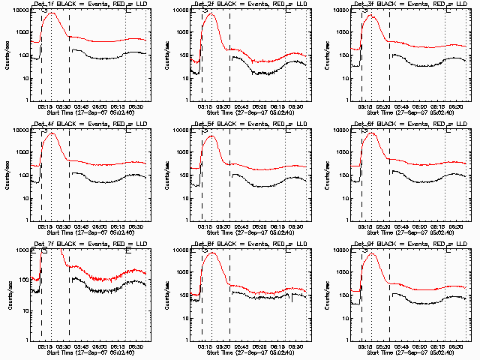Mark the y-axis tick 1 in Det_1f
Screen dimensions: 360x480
tap(26, 100)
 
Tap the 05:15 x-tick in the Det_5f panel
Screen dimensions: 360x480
tap(205, 224)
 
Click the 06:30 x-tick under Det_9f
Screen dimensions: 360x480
tap(457, 344)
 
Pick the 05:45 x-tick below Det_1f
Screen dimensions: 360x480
tap(81, 104)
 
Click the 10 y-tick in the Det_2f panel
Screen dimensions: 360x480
tap(187, 78)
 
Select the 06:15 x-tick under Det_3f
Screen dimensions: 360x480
tap(437, 104)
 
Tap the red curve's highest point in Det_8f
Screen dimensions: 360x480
tap(212, 253)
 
